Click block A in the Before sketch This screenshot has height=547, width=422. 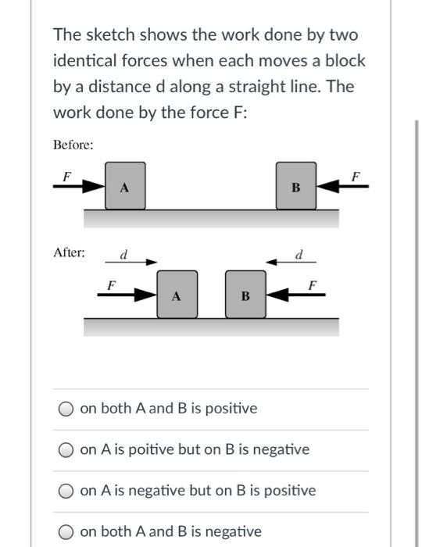pyautogui.click(x=125, y=186)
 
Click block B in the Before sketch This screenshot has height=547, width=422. pyautogui.click(x=295, y=186)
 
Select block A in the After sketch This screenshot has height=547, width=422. pyautogui.click(x=177, y=295)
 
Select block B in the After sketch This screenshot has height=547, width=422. pyautogui.click(x=245, y=295)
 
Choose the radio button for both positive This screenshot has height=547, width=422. pyautogui.click(x=67, y=409)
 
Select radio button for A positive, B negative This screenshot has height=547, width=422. pyautogui.click(x=67, y=450)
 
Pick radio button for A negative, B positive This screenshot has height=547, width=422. pyautogui.click(x=67, y=491)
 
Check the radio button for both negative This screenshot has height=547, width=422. pyautogui.click(x=67, y=532)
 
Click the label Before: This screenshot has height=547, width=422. pyautogui.click(x=73, y=145)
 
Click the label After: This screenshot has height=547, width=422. pyautogui.click(x=69, y=252)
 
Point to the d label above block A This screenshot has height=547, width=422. pyautogui.click(x=123, y=254)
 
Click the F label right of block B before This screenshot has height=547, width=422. pyautogui.click(x=357, y=175)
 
